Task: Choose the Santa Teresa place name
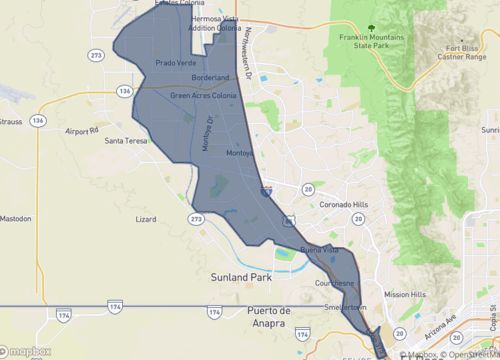[128, 141]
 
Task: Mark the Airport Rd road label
[84, 130]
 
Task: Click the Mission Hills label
[404, 295]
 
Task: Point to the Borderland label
[211, 77]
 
